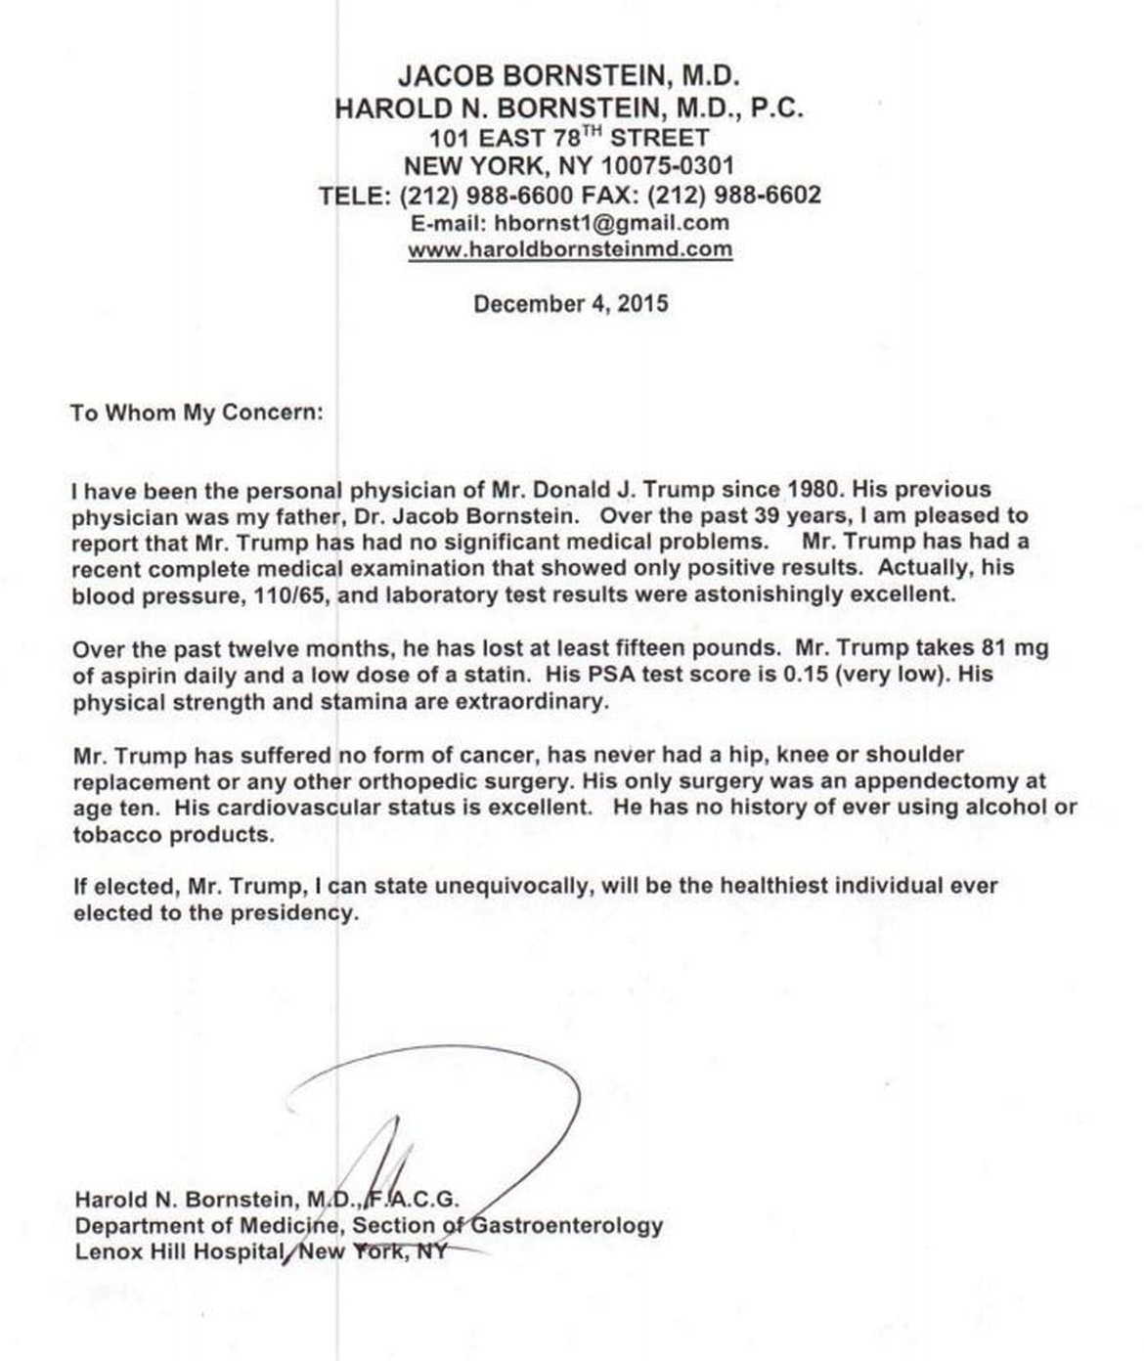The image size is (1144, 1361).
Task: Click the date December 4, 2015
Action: tap(571, 304)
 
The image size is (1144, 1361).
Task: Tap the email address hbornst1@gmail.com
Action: tap(611, 223)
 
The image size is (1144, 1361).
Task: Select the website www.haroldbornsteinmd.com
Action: tap(570, 249)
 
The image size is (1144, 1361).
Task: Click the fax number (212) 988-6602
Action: tap(734, 195)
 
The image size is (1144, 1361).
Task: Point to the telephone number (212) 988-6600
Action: tap(486, 195)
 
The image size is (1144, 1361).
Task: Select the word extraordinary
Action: tap(527, 702)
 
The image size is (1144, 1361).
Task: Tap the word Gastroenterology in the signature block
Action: tap(567, 1225)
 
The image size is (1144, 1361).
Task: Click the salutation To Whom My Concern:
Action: tap(197, 413)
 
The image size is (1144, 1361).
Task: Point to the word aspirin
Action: tap(137, 675)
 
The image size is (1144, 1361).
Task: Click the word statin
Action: tap(497, 675)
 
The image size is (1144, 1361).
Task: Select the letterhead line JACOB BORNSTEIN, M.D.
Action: tap(569, 75)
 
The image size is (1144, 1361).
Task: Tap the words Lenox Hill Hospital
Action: tap(178, 1251)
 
